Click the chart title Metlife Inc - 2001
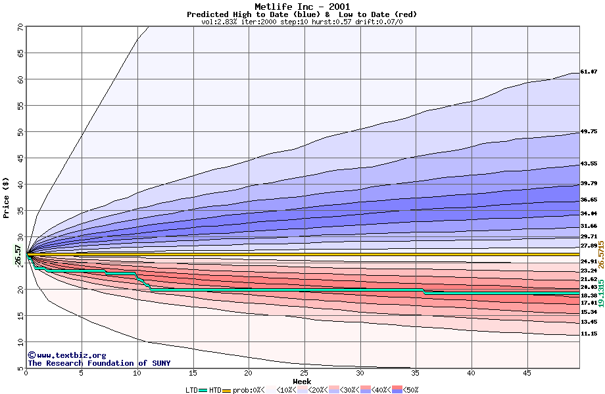click(x=302, y=7)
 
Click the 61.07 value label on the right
click(x=589, y=72)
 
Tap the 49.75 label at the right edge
click(x=589, y=132)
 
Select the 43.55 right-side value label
click(x=589, y=164)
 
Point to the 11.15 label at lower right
click(x=589, y=334)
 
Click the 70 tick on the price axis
click(x=20, y=28)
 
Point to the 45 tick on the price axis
click(x=20, y=158)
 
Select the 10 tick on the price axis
click(x=20, y=342)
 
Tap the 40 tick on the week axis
click(x=471, y=374)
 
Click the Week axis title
click(x=302, y=382)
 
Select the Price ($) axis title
click(x=7, y=197)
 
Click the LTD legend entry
click(x=191, y=390)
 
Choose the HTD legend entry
click(x=215, y=390)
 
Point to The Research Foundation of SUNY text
click(x=99, y=363)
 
